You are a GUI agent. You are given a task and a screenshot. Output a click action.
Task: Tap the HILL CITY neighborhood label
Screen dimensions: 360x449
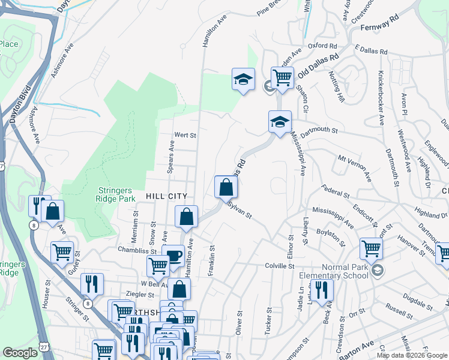pyautogui.click(x=166, y=196)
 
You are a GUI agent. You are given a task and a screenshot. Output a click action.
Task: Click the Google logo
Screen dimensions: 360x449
pyautogui.click(x=20, y=353)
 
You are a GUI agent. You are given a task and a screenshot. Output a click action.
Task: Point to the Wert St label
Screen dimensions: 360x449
pyautogui.click(x=185, y=135)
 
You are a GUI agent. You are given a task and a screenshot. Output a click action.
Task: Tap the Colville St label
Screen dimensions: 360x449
pyautogui.click(x=280, y=265)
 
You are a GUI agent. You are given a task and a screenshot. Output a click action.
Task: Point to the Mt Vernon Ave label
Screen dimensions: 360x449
pyautogui.click(x=354, y=168)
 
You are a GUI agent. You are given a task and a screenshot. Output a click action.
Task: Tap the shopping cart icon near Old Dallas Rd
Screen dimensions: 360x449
pyautogui.click(x=282, y=77)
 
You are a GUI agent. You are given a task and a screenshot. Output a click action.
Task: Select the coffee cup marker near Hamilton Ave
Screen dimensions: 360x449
pyautogui.click(x=173, y=255)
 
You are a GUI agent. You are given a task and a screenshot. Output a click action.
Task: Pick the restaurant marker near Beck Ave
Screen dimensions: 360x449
pyautogui.click(x=322, y=290)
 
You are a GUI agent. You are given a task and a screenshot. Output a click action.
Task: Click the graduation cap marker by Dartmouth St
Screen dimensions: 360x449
pyautogui.click(x=280, y=122)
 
